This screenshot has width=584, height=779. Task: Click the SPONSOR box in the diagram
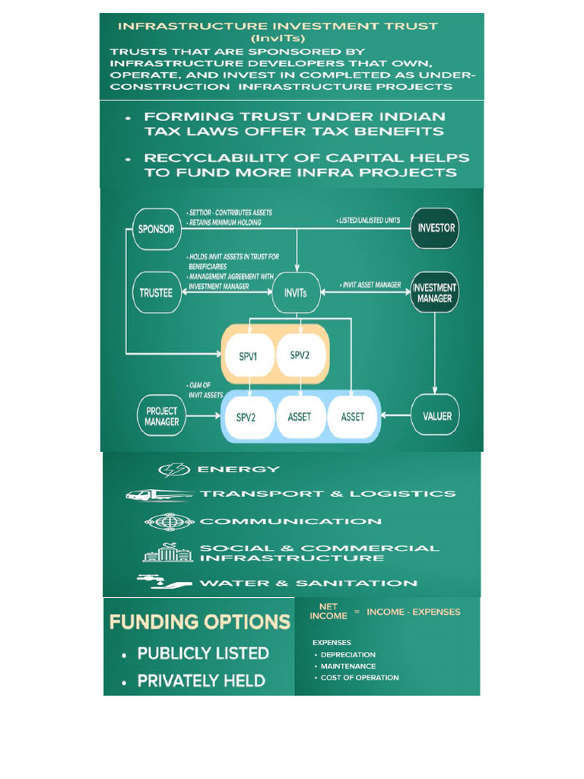(x=157, y=229)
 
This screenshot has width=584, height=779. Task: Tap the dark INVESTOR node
(x=435, y=228)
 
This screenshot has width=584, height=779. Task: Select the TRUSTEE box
(x=157, y=293)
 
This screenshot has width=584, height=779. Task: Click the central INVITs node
(x=296, y=293)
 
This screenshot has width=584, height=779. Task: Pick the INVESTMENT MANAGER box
(x=434, y=292)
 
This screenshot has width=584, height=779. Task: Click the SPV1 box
(x=249, y=356)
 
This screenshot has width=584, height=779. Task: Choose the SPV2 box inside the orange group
(x=300, y=355)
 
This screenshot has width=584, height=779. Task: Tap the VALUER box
(x=436, y=415)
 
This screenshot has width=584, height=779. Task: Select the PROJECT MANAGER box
(x=161, y=416)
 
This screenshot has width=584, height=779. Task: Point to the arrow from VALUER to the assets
(x=395, y=415)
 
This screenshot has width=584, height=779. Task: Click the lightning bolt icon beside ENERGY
(x=174, y=469)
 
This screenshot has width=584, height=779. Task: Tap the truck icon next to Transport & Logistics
(x=159, y=495)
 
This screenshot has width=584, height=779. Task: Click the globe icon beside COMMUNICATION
(x=170, y=522)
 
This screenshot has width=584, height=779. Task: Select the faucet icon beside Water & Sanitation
(x=164, y=582)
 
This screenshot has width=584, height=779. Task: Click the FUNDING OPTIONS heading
(x=200, y=622)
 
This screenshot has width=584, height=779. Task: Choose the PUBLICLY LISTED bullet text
(x=203, y=653)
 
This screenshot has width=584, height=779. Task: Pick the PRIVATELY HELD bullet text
(x=201, y=681)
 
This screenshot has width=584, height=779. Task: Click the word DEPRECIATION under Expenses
(x=348, y=655)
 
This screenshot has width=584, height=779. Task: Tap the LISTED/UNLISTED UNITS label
(x=369, y=220)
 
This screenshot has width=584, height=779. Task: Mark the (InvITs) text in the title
(x=278, y=38)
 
